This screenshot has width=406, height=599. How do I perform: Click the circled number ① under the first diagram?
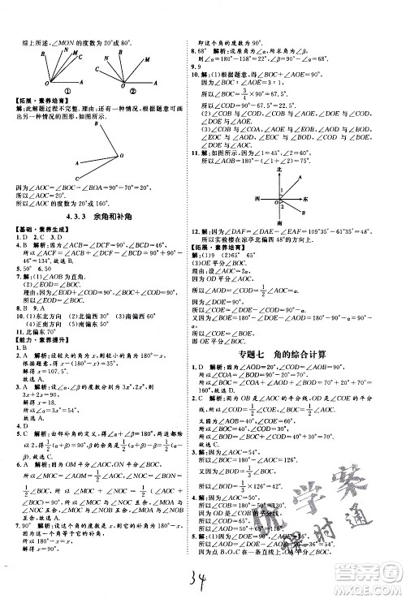coord(62,91)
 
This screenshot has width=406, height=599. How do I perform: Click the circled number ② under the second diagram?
coord(129,91)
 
